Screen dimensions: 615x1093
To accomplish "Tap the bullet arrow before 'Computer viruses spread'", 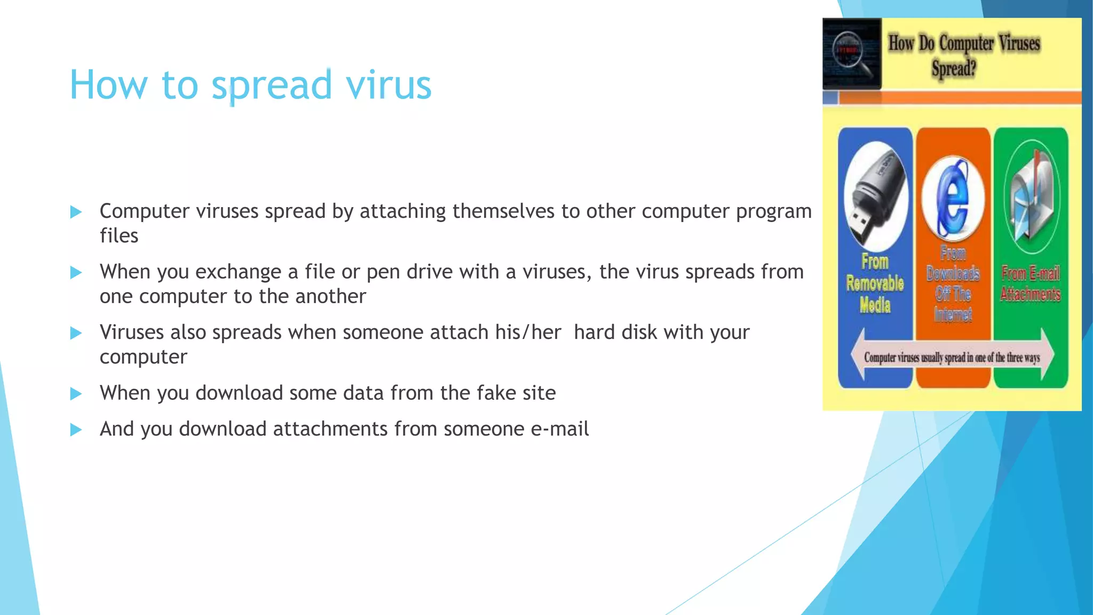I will [x=76, y=212].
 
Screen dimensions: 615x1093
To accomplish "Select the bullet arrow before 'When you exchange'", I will [x=76, y=273].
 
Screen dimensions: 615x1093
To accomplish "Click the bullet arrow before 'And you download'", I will [x=76, y=430].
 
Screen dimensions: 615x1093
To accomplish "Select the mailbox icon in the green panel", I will [x=1031, y=198].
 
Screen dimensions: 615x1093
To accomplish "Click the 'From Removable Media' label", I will [x=875, y=283].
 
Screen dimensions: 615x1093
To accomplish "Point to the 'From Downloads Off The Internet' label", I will [x=953, y=283].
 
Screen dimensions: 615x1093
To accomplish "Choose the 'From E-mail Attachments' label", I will [x=1031, y=283].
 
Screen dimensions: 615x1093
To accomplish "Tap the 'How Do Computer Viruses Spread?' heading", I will [x=964, y=56].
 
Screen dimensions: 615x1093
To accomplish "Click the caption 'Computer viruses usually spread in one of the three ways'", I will [x=952, y=358].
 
